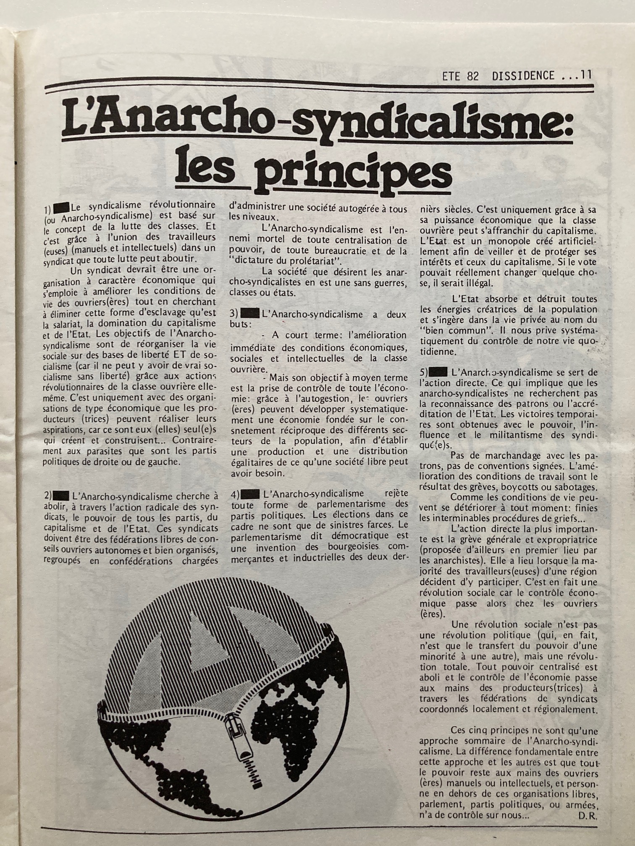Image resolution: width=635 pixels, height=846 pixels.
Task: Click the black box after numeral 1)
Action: point(61,207)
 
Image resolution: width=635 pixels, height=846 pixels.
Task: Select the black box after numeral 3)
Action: point(249,313)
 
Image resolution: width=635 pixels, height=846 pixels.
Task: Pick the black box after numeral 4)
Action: point(249,494)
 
